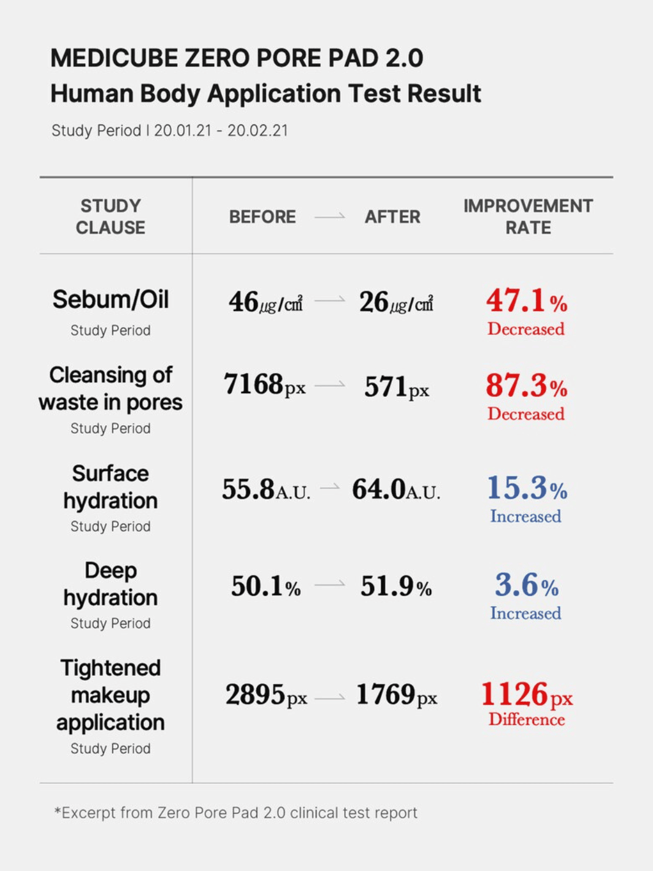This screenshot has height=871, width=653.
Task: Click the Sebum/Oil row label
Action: pos(110,299)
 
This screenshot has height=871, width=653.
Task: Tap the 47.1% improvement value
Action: pos(526,301)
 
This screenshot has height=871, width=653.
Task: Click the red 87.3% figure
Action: pos(526,386)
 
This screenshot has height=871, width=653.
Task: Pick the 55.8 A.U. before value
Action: pos(265,489)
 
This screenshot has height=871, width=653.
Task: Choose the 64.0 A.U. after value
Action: pos(395,489)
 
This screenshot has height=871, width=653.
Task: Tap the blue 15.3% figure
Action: pos(526,488)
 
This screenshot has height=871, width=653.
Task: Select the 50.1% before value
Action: pos(265,586)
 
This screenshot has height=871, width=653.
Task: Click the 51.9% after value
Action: pos(395,586)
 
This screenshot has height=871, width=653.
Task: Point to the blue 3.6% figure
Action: pos(526,585)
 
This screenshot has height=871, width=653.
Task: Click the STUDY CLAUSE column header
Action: pos(110,217)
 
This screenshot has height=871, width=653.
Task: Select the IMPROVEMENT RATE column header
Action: pos(528,217)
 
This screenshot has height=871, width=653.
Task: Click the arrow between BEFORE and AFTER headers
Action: pos(330,217)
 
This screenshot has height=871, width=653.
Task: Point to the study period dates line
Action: pos(170,131)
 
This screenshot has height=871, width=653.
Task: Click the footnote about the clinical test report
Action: pos(236,813)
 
